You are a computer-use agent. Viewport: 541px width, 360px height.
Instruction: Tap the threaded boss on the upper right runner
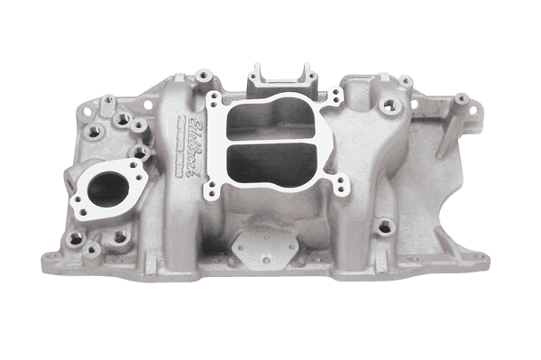coord(390,106)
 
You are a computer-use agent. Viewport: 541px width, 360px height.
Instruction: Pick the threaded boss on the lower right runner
coord(385,226)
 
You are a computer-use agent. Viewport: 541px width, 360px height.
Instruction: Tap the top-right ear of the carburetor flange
coord(335,94)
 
